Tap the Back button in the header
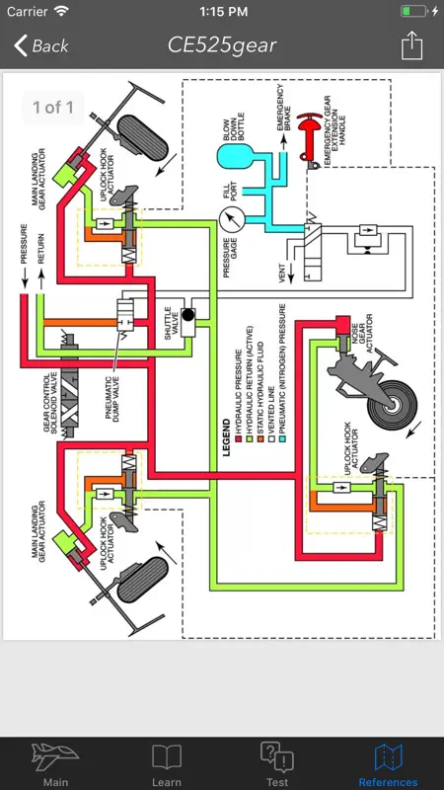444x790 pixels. click(41, 45)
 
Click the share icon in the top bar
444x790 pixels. click(411, 45)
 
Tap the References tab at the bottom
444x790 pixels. click(388, 764)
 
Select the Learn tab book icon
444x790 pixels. click(167, 756)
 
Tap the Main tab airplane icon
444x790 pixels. click(55, 756)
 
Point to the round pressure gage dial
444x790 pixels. click(232, 219)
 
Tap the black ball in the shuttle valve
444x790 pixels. click(188, 315)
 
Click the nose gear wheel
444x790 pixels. click(393, 404)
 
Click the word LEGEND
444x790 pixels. click(227, 437)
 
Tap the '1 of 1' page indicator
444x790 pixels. click(53, 107)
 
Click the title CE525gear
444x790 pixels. click(222, 45)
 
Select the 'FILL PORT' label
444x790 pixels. click(230, 190)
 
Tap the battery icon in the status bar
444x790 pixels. click(413, 11)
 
